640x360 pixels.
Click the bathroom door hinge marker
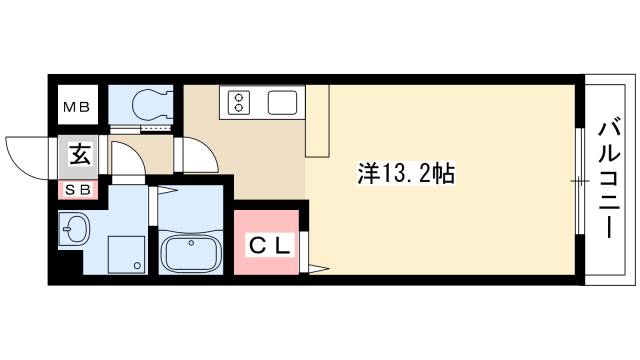(x=170, y=190)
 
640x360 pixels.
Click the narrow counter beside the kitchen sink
(x=317, y=120)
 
